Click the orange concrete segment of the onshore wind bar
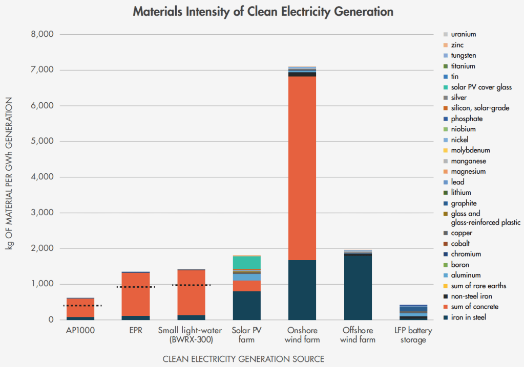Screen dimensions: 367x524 tap(302, 169)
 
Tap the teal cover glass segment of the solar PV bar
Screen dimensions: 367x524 tap(246, 262)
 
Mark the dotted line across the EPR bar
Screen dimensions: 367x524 tap(135, 287)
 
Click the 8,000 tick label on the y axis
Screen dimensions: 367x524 tap(43, 34)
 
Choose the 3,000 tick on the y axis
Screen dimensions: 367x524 tap(43, 213)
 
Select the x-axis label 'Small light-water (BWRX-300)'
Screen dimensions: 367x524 tap(191, 335)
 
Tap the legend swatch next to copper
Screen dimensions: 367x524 tap(446, 233)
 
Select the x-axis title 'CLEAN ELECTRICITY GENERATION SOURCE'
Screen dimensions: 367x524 tap(243, 359)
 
